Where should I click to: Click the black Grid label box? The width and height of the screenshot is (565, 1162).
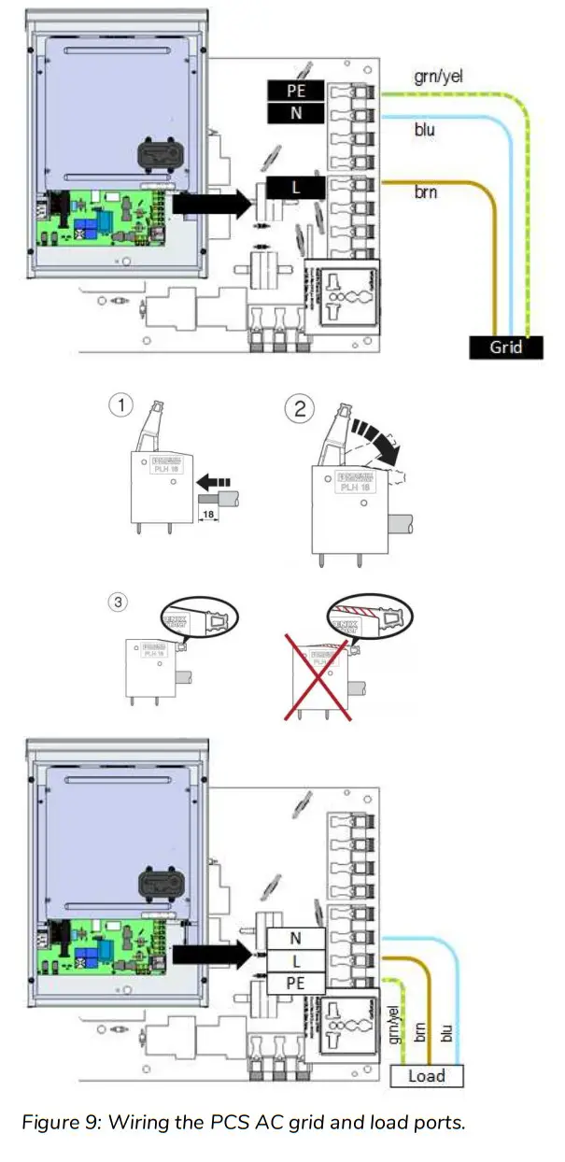[506, 347]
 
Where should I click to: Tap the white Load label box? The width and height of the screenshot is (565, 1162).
[426, 1075]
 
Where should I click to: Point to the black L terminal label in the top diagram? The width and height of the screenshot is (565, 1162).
[296, 188]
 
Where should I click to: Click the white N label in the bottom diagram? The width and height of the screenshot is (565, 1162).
[296, 939]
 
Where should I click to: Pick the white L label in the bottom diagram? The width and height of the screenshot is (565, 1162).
[296, 960]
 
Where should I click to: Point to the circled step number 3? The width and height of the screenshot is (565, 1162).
[117, 603]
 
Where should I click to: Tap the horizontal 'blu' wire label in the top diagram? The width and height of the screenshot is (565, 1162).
[424, 130]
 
